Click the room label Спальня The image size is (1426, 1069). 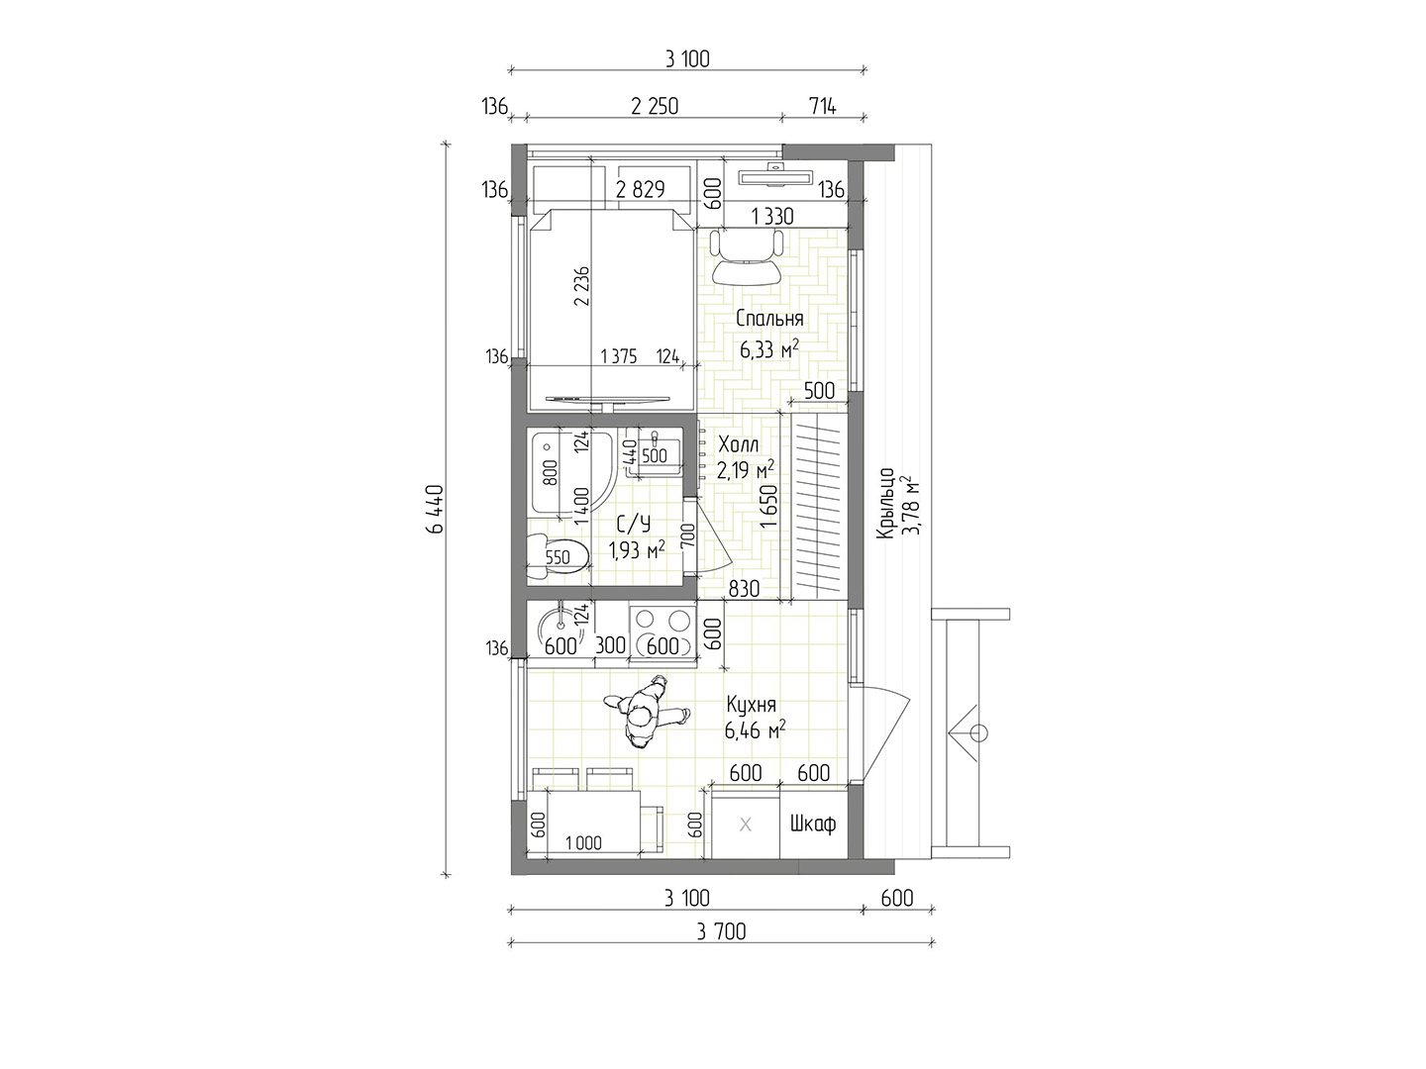(x=769, y=319)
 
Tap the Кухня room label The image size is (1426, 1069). (x=751, y=704)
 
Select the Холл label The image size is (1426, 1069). (x=738, y=444)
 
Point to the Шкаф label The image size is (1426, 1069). (x=813, y=825)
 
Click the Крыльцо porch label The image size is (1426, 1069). (x=885, y=503)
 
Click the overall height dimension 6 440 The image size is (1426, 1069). (x=436, y=509)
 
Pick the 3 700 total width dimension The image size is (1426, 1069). (x=721, y=932)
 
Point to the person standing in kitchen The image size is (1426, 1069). (x=645, y=712)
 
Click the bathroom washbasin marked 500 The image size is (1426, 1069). (x=655, y=450)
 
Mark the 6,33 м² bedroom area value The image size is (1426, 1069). (x=769, y=349)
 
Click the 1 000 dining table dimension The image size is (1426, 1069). (x=583, y=843)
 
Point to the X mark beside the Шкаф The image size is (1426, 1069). (x=746, y=825)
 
